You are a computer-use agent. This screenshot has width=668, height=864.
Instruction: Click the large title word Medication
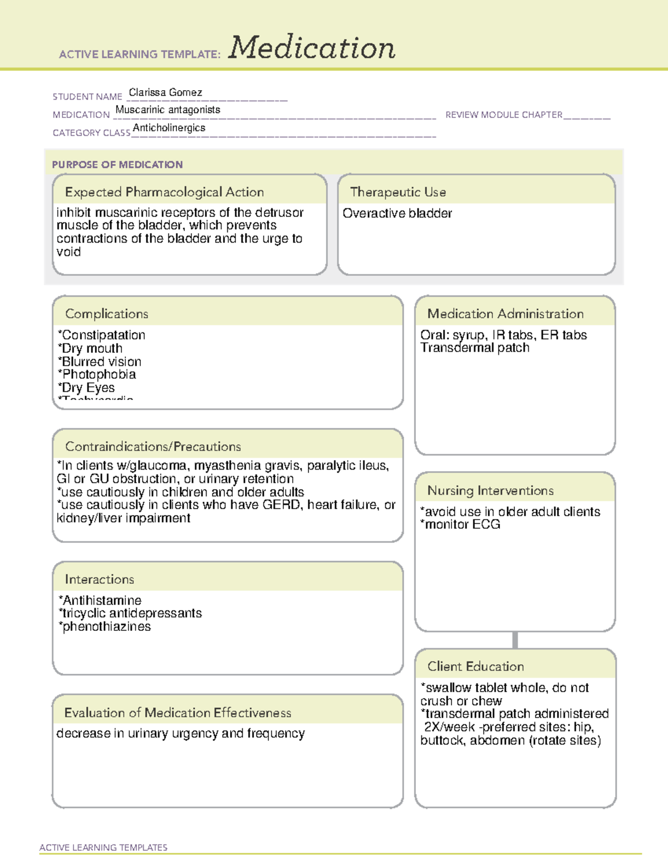click(x=312, y=48)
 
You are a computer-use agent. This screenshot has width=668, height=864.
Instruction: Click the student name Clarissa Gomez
click(x=165, y=92)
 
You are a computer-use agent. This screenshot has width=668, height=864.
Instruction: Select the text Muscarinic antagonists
click(x=168, y=110)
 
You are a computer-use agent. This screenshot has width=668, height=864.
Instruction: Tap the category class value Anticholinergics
click(x=169, y=128)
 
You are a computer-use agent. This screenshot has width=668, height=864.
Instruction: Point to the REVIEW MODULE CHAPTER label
click(x=503, y=115)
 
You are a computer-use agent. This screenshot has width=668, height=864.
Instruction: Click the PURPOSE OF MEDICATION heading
click(x=117, y=165)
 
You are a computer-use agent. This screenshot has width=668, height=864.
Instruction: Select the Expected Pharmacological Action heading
click(x=164, y=192)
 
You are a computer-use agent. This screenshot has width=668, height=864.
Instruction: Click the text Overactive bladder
click(x=397, y=213)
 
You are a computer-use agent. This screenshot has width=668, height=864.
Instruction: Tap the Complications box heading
click(x=107, y=314)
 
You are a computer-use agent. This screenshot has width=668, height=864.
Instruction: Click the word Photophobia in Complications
click(x=99, y=374)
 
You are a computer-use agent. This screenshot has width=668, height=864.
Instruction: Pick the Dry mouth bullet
click(x=91, y=348)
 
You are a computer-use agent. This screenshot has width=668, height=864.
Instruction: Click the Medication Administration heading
click(x=505, y=314)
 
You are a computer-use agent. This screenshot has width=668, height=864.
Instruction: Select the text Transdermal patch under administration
click(x=475, y=348)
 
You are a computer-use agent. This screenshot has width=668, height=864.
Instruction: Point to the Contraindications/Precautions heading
click(x=153, y=447)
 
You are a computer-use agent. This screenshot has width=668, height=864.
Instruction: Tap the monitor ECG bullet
click(x=461, y=525)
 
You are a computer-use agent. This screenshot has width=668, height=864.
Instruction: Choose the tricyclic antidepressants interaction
click(x=131, y=613)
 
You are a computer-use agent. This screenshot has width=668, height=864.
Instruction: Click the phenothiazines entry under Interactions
click(x=106, y=626)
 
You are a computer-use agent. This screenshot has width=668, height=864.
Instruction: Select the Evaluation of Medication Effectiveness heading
click(x=178, y=713)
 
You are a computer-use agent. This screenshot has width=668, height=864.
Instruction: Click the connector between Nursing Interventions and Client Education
click(x=515, y=640)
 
